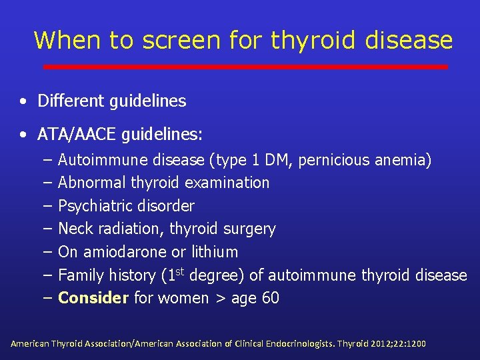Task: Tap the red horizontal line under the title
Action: pos(245,67)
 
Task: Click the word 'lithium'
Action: pos(214,252)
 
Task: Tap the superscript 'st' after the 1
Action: pos(181,271)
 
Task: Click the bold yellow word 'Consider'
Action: pos(93,298)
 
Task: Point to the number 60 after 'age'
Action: pos(271,298)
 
